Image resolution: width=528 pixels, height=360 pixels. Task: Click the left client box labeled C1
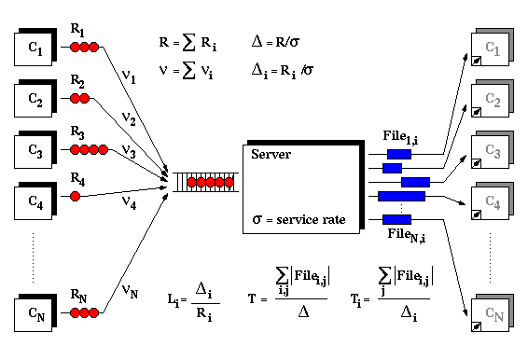click(35, 48)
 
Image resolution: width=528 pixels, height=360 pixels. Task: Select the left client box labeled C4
click(35, 201)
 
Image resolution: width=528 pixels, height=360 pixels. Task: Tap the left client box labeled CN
click(35, 312)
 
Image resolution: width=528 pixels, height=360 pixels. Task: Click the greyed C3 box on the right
click(493, 150)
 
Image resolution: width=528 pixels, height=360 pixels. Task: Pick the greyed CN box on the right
click(493, 312)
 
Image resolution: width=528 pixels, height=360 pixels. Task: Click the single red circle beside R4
click(75, 196)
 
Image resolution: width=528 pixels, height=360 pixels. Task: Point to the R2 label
click(77, 81)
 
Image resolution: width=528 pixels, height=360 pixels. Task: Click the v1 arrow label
click(129, 76)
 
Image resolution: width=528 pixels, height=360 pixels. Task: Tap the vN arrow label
click(130, 291)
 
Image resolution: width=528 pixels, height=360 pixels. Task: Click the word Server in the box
click(271, 154)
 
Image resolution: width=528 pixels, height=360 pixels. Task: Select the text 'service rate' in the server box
click(311, 220)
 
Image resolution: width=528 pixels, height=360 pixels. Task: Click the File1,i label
click(401, 137)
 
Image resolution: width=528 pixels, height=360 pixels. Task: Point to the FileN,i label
click(407, 235)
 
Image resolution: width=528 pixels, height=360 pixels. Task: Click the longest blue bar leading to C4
click(401, 196)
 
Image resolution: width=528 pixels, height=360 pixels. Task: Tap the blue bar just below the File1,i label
click(399, 154)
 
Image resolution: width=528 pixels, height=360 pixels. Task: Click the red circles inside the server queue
click(210, 183)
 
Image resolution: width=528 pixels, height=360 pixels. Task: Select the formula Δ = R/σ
click(275, 42)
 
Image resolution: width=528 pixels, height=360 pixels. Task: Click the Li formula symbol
click(174, 300)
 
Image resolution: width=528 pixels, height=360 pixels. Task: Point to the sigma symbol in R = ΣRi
click(189, 43)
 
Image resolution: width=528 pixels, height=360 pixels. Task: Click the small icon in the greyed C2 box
click(476, 112)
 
